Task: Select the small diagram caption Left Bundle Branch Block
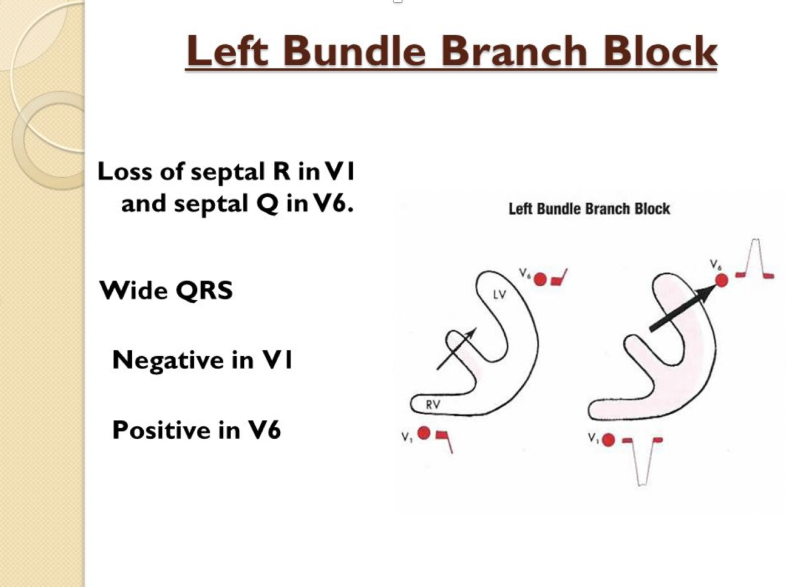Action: pos(589,209)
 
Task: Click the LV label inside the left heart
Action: pos(499,294)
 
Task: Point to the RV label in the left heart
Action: pos(432,404)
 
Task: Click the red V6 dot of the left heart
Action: pos(540,279)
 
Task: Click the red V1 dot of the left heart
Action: pos(424,434)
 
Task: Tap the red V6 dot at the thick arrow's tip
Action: pos(721,281)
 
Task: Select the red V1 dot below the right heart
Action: pos(609,439)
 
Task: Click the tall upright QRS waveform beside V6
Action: pos(755,259)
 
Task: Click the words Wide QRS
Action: pos(166,290)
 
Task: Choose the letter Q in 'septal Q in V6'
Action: pos(267,204)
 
